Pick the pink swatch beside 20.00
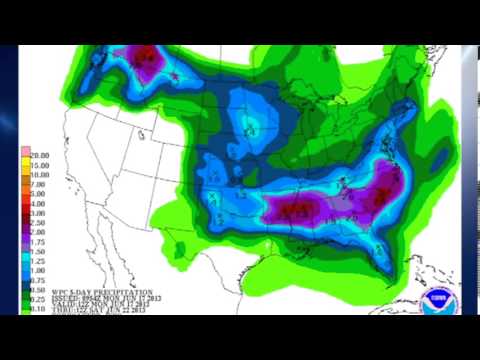(x=25, y=151)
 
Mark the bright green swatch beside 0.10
(x=25, y=307)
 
